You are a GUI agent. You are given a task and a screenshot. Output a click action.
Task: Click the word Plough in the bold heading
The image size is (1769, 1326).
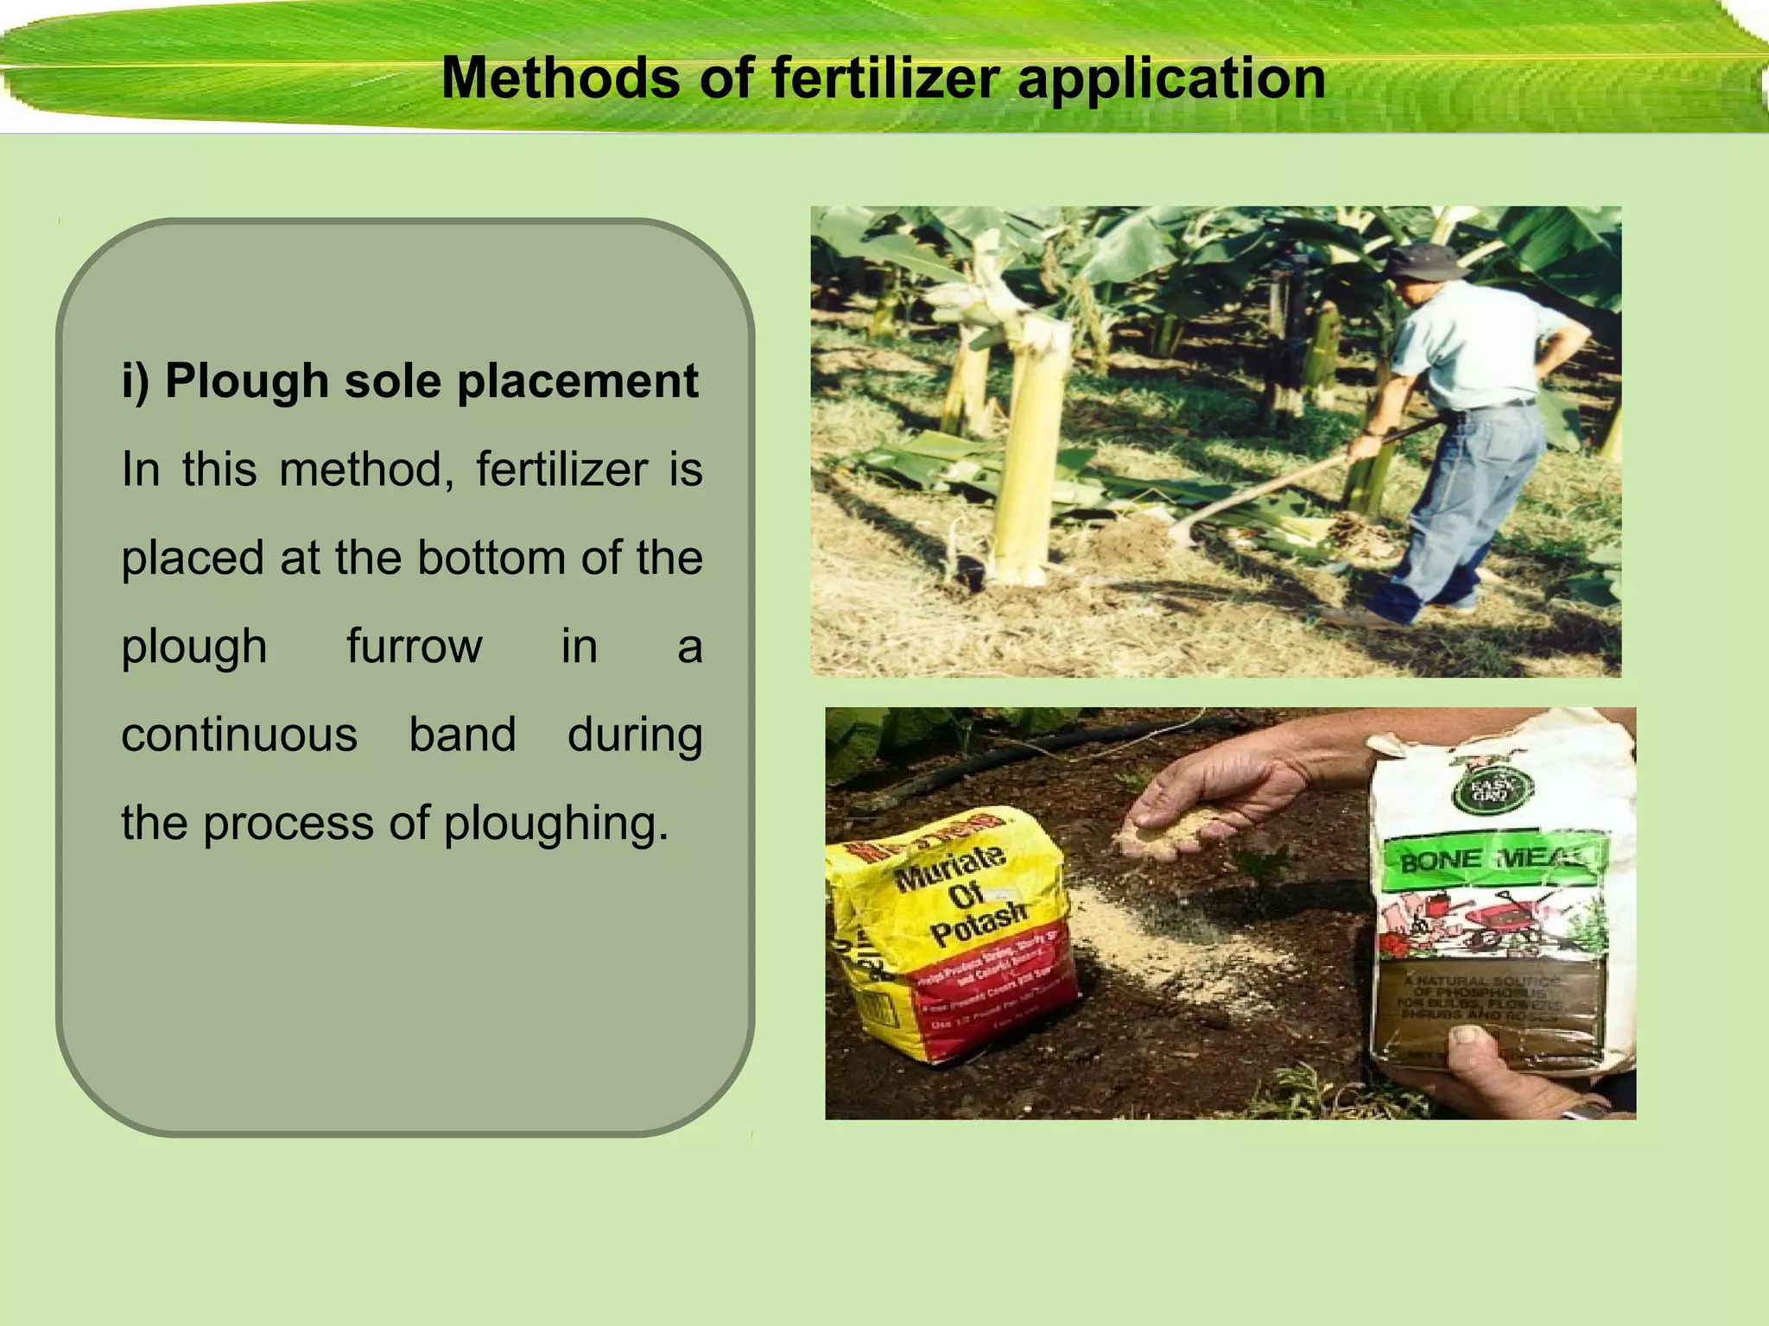click(x=247, y=381)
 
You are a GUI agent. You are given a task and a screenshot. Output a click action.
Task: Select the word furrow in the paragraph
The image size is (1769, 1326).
click(x=414, y=646)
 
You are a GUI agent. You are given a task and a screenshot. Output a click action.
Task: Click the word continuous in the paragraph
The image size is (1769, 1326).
click(x=239, y=735)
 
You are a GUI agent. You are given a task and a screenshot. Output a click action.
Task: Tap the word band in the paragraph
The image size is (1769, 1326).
click(x=462, y=735)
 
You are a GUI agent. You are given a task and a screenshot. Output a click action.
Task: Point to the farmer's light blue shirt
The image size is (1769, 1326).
click(x=1468, y=345)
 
